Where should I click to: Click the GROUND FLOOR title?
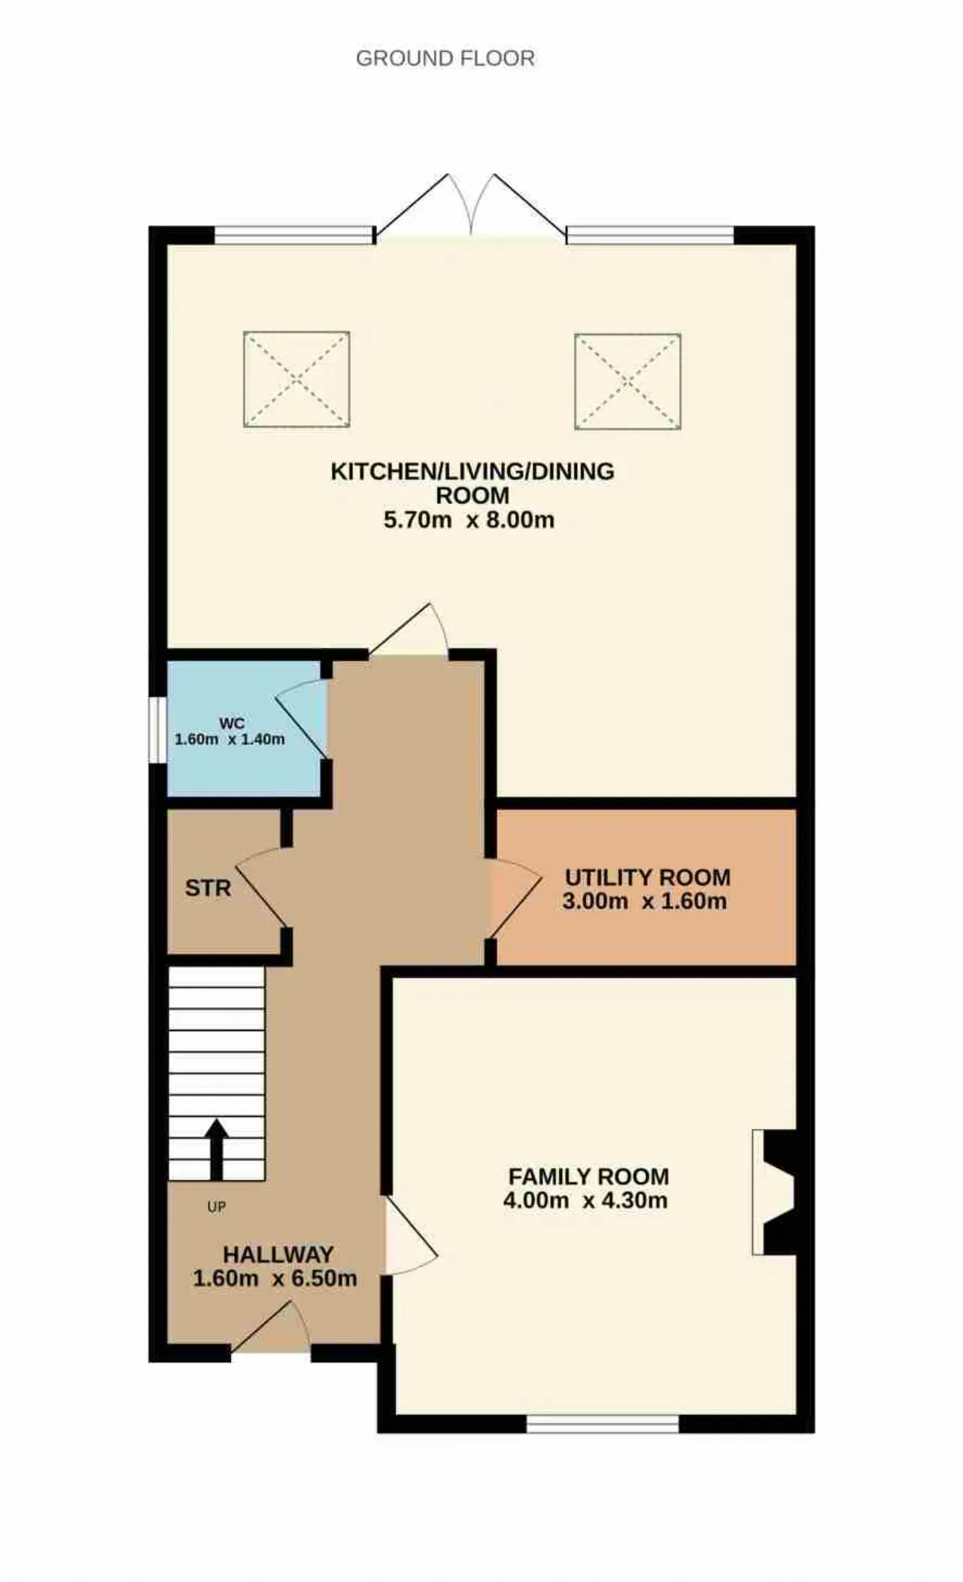445,59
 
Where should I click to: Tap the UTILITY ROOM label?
648,878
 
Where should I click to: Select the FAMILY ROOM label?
588,1176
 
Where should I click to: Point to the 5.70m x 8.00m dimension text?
469,520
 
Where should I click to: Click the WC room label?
232,723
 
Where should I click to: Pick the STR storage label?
208,888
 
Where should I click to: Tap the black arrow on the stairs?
217,1148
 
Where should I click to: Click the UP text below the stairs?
217,1207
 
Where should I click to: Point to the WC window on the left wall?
157,730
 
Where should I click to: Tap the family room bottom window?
603,1424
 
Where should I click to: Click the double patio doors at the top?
471,207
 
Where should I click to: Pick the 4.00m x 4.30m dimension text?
585,1200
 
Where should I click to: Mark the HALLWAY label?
278,1255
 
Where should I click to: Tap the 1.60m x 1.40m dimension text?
230,739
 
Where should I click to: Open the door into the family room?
411,1235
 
